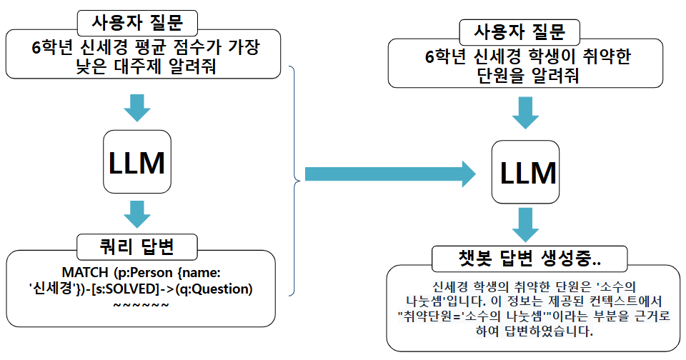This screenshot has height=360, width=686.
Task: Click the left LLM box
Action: coord(136,163)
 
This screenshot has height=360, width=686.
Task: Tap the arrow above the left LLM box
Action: coord(136,108)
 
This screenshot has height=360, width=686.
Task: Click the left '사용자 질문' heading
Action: coord(136,23)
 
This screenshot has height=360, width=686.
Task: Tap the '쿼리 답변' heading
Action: coord(136,247)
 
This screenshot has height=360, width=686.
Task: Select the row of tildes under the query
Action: coord(141,306)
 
